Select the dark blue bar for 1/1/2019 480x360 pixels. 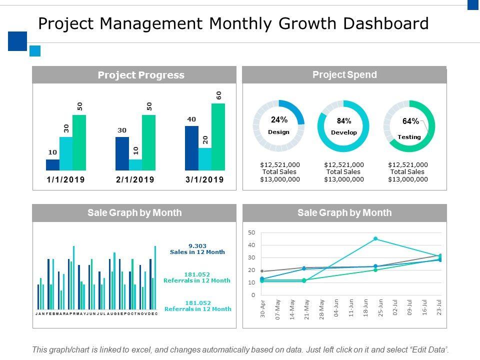click(x=52, y=165)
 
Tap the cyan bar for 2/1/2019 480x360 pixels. click(x=135, y=165)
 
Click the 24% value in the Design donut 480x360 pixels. click(x=279, y=120)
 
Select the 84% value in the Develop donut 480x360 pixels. click(x=344, y=121)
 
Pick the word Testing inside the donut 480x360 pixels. click(x=409, y=137)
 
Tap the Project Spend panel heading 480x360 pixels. click(x=344, y=75)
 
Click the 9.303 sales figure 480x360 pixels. click(x=197, y=245)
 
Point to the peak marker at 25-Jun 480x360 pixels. click(x=375, y=239)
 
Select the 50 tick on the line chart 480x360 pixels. click(x=251, y=232)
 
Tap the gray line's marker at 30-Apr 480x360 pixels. click(x=262, y=271)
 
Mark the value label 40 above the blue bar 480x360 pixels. click(x=191, y=119)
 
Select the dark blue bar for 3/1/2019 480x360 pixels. click(x=191, y=148)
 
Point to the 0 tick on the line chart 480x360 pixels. click(x=253, y=295)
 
